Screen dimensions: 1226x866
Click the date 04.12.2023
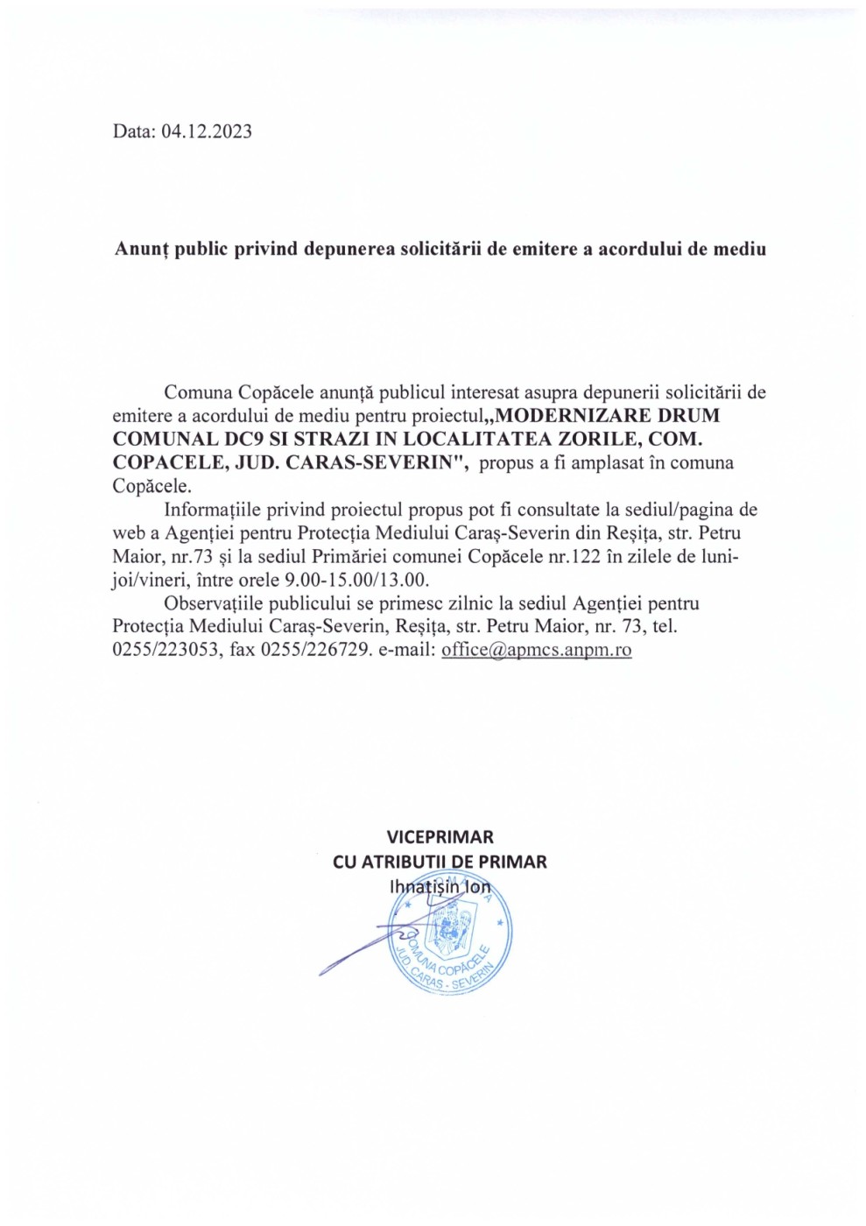207,131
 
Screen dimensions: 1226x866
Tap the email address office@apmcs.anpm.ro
536,650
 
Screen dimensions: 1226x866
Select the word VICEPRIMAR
440,837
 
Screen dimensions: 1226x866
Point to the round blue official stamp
450,935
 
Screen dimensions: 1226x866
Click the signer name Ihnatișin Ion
440,886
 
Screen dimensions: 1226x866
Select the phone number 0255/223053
166,650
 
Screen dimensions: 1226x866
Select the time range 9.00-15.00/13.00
356,580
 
